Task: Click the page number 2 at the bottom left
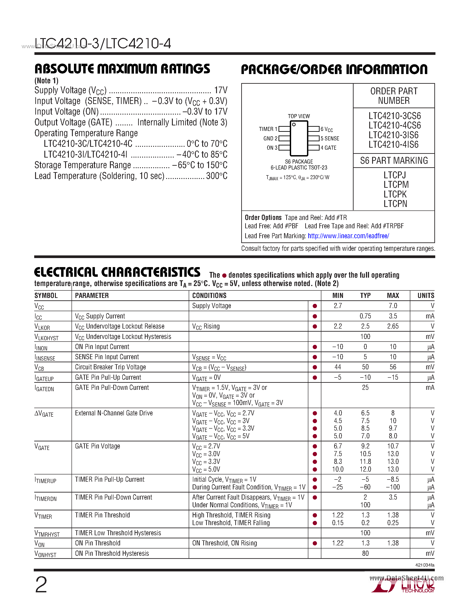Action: point(41,585)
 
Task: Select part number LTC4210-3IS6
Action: point(394,135)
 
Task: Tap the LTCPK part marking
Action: point(395,194)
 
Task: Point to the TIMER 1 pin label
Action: point(268,129)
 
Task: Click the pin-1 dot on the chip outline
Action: point(294,125)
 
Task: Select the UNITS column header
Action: point(426,296)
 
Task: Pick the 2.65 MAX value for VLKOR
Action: point(393,326)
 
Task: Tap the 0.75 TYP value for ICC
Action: point(365,316)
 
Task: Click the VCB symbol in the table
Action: point(40,367)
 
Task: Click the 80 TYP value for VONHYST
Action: point(365,553)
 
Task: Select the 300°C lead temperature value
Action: point(217,176)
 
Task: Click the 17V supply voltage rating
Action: point(221,90)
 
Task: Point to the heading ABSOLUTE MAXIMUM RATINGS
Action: point(122,69)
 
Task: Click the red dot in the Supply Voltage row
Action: point(315,306)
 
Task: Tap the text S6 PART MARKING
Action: point(394,161)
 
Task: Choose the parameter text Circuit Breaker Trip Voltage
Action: point(110,367)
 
